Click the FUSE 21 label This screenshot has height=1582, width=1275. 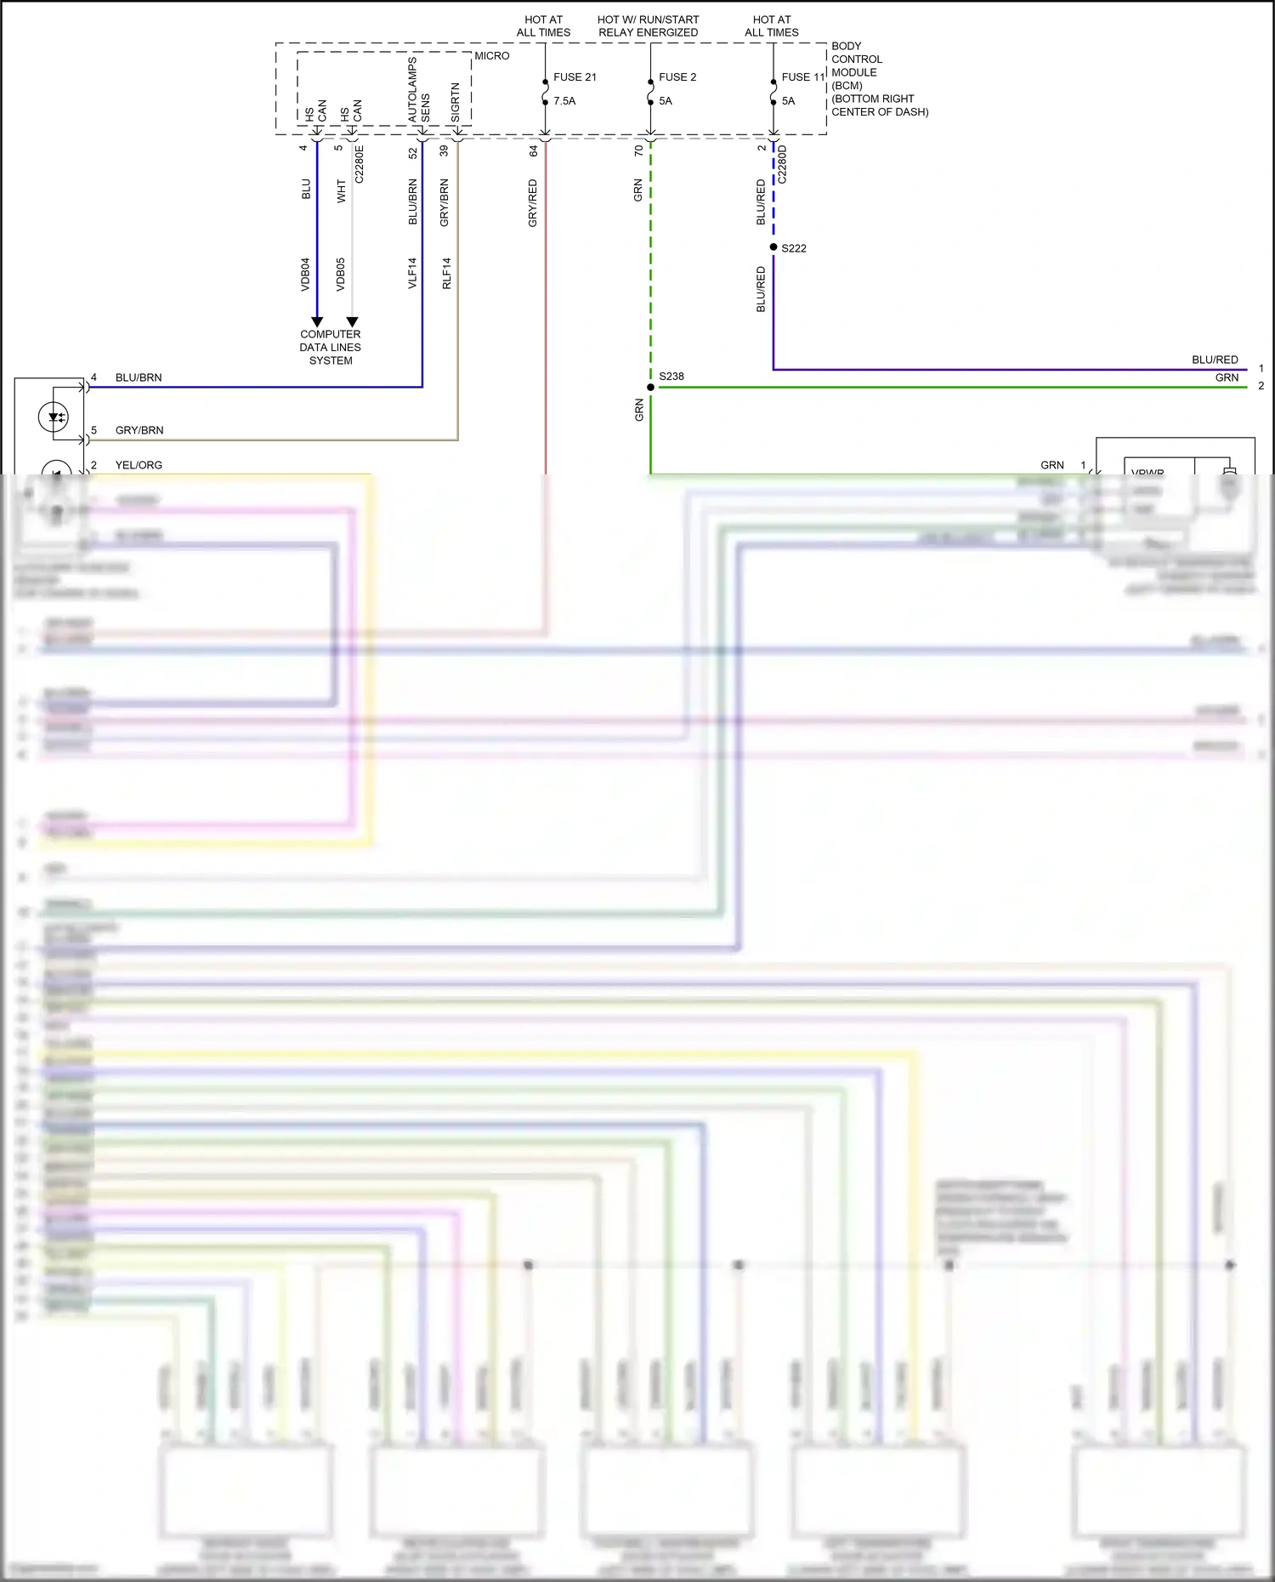click(575, 77)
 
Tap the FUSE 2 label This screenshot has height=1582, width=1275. click(677, 77)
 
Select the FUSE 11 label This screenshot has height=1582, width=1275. click(802, 77)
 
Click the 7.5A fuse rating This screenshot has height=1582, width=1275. click(564, 101)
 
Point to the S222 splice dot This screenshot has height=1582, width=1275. click(773, 247)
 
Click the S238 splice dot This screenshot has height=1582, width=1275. click(651, 388)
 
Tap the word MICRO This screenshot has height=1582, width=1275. click(491, 56)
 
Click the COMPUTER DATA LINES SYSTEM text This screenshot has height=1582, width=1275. click(331, 348)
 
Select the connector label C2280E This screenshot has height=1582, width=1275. click(360, 164)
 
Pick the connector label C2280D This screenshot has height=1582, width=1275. click(783, 164)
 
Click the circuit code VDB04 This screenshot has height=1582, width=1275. click(305, 275)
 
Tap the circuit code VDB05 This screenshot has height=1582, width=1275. click(341, 275)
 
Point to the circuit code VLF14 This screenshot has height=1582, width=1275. click(412, 274)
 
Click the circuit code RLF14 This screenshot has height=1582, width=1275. click(447, 274)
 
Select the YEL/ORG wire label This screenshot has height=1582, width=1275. click(139, 465)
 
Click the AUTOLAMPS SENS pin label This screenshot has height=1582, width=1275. click(419, 90)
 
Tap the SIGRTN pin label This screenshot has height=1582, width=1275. click(456, 101)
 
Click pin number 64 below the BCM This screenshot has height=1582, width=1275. click(534, 150)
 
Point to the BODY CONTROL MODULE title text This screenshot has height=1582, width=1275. click(857, 60)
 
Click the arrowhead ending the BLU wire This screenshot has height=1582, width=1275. click(317, 322)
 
